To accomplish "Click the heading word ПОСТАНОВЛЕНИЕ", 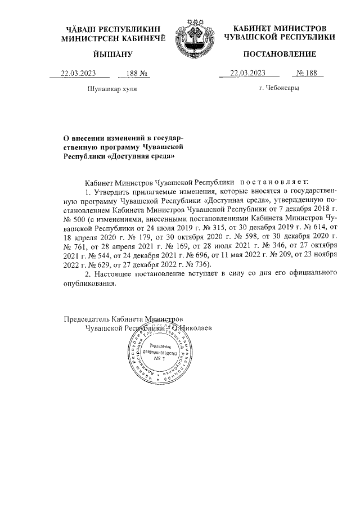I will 279,55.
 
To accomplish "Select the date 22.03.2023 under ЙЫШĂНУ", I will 79,73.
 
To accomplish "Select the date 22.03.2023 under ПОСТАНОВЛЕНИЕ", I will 248,73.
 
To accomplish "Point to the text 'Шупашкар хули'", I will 112,89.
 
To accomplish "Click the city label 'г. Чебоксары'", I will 279,88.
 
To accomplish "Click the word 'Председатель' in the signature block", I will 87,318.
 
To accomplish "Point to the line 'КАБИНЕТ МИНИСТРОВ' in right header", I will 279,28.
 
